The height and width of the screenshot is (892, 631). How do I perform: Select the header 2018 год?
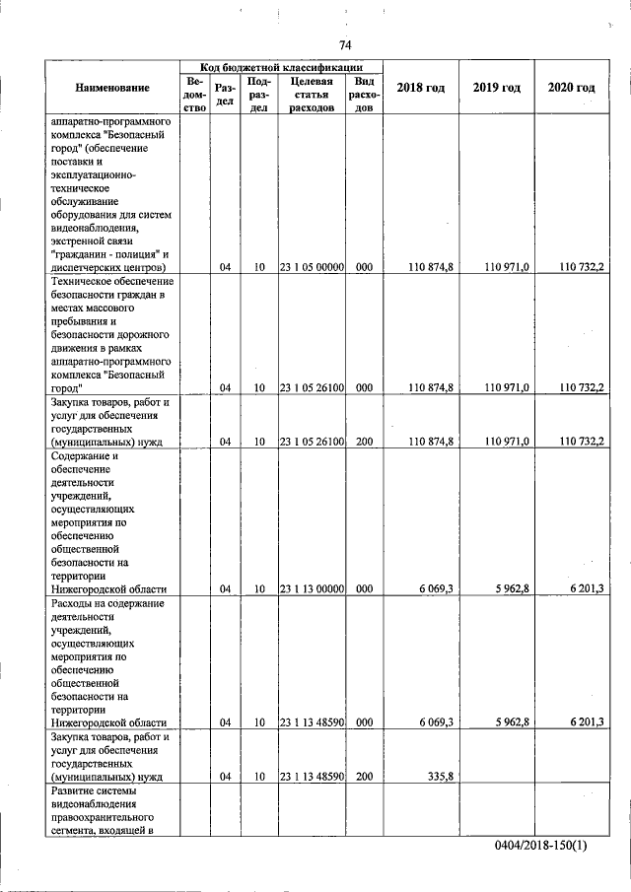pyautogui.click(x=420, y=89)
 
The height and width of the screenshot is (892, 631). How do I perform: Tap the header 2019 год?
pyautogui.click(x=496, y=89)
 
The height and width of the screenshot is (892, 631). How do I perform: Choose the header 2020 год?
pyautogui.click(x=571, y=89)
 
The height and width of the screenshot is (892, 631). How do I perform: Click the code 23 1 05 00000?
pyautogui.click(x=312, y=267)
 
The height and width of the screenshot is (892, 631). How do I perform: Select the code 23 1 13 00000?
pyautogui.click(x=312, y=588)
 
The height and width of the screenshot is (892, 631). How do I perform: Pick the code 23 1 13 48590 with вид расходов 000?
pyautogui.click(x=312, y=722)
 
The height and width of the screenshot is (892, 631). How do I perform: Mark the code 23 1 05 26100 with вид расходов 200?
pyautogui.click(x=312, y=442)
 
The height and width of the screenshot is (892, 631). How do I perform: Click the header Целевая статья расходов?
pyautogui.click(x=312, y=95)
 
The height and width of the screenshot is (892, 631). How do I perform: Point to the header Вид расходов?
pyautogui.click(x=364, y=95)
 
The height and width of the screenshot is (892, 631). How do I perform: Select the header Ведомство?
pyautogui.click(x=194, y=95)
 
